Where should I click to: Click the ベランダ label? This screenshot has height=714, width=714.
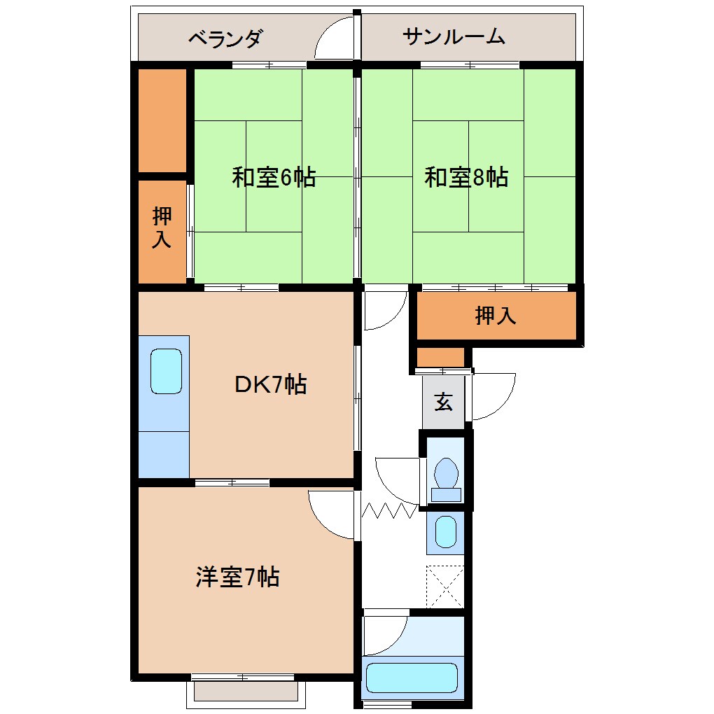(225, 38)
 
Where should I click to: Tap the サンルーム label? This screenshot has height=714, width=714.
(454, 37)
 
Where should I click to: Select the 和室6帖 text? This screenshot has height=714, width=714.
(274, 178)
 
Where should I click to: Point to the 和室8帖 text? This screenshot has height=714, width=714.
(466, 178)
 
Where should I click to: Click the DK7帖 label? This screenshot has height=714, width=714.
(270, 384)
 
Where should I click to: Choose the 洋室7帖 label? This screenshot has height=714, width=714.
(238, 577)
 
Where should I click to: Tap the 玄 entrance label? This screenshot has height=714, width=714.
(443, 402)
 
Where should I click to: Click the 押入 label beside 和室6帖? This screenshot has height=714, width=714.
(162, 229)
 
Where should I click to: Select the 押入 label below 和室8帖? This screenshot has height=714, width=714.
(496, 316)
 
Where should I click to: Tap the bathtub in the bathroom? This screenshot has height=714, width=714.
(412, 677)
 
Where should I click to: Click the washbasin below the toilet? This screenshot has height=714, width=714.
(445, 532)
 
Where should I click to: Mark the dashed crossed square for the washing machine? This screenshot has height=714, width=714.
(445, 587)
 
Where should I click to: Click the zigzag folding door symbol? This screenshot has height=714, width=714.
(389, 510)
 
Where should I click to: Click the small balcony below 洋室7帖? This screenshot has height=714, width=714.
(246, 692)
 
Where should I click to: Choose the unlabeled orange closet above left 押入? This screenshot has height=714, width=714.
(162, 120)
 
